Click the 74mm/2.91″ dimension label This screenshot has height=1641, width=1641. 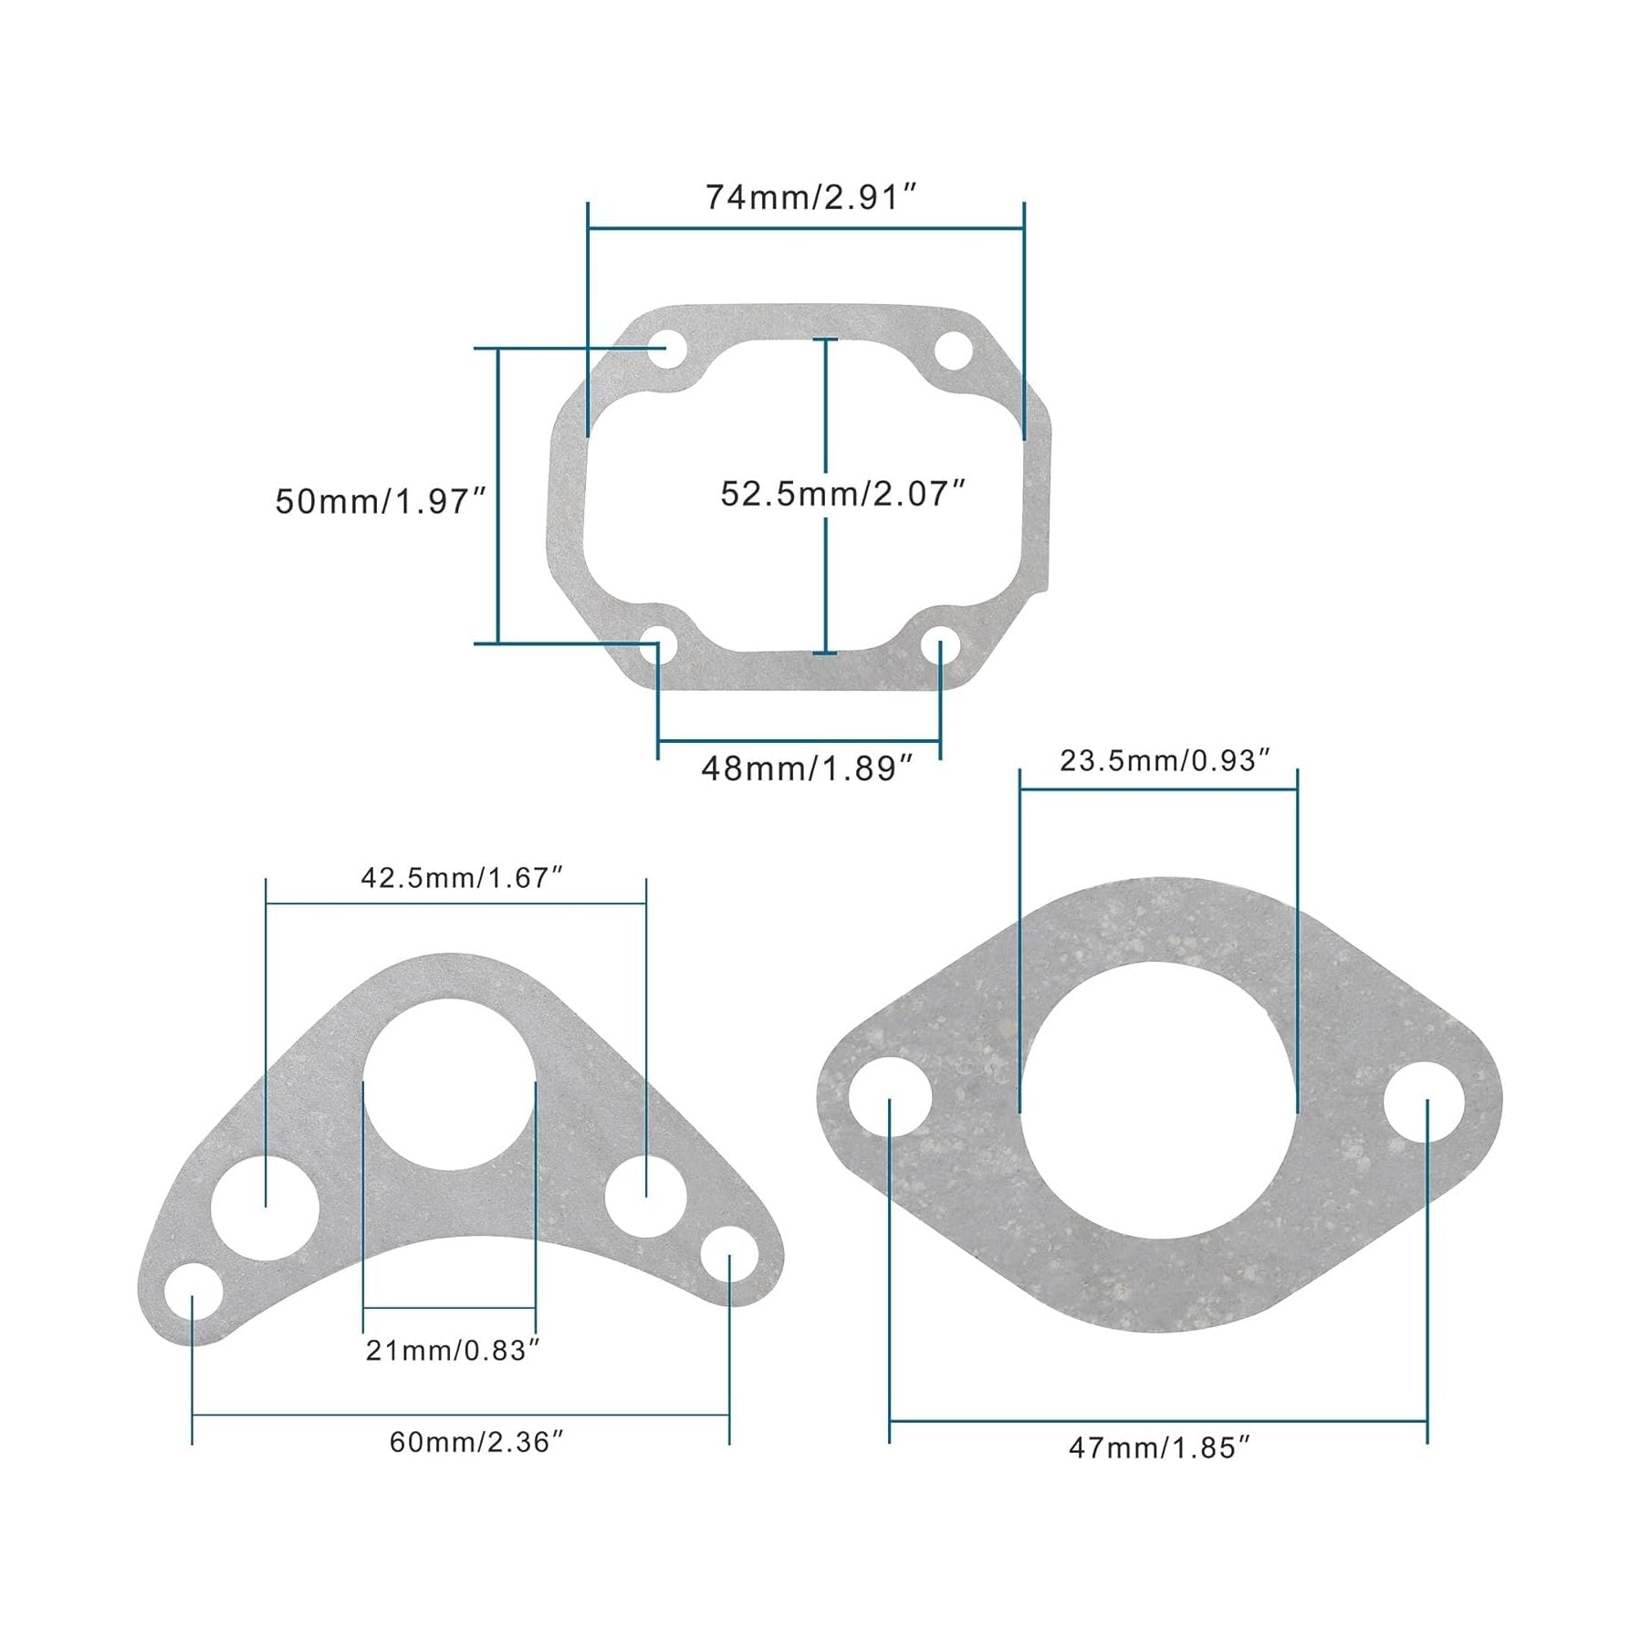tap(810, 197)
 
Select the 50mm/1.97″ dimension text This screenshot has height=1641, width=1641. tap(382, 501)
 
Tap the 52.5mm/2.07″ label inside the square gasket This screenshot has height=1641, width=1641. tap(842, 494)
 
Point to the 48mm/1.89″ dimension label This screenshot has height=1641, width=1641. tap(807, 768)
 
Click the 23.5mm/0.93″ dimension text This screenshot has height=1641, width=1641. tap(1165, 760)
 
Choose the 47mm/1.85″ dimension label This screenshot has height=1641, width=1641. tap(1159, 1448)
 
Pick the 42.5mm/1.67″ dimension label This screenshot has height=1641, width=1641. tap(461, 877)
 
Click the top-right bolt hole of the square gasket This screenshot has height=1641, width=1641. tap(954, 351)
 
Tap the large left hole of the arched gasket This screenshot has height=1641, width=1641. tap(265, 1207)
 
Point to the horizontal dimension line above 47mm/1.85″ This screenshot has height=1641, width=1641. tap(1158, 1420)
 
